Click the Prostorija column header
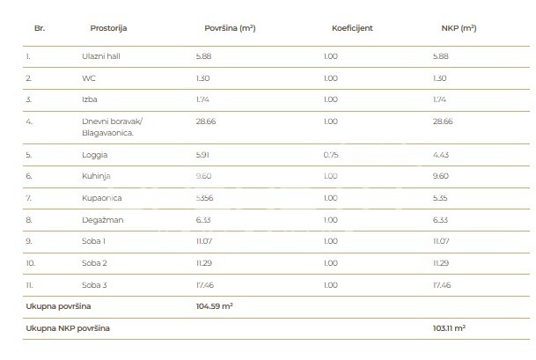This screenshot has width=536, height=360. point(108,28)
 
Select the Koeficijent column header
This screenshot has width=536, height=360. point(352,28)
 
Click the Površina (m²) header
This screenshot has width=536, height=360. point(230,28)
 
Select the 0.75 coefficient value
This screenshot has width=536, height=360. point(330,155)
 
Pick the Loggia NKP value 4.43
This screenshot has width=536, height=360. point(442,155)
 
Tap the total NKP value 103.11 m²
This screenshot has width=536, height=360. point(449,327)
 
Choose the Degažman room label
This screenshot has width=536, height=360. point(99,220)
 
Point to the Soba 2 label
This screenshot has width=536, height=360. point(93,263)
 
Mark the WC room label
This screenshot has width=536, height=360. point(87,78)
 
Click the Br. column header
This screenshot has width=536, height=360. point(39,28)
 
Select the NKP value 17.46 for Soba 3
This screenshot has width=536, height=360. point(443,285)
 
